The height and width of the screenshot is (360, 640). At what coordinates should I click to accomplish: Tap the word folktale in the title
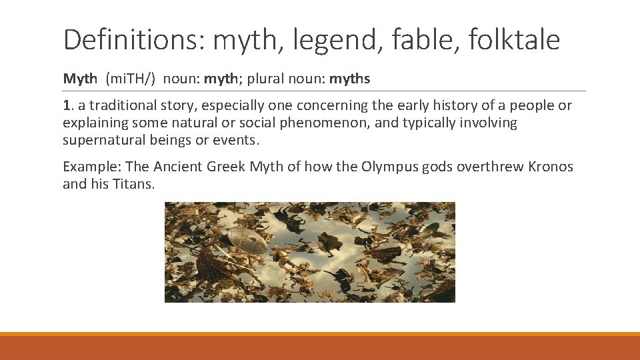click(x=514, y=40)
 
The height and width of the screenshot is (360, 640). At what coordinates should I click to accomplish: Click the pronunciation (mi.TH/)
click(x=131, y=79)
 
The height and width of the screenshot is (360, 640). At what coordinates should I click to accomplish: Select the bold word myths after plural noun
click(x=350, y=79)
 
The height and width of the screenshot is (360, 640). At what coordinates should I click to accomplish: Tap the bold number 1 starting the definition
click(x=66, y=106)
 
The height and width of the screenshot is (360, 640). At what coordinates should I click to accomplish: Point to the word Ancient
click(x=179, y=167)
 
